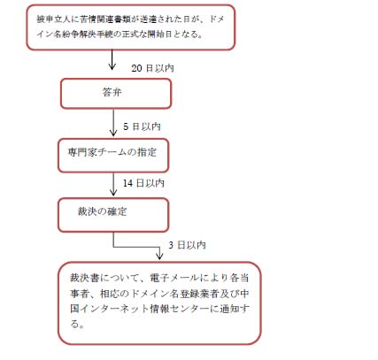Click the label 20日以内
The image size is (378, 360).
click(x=152, y=68)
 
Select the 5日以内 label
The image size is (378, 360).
click(x=142, y=126)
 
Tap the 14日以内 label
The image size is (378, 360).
click(x=143, y=183)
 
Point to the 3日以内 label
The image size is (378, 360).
click(x=187, y=245)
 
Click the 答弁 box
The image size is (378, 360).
click(x=116, y=94)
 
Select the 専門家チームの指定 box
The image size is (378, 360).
click(x=113, y=156)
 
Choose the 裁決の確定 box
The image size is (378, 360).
click(x=113, y=215)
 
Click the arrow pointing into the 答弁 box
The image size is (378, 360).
click(x=112, y=59)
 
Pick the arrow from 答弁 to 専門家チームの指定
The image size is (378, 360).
click(x=113, y=123)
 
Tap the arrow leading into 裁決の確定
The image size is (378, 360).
click(x=113, y=184)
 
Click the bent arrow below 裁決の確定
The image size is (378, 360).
click(x=136, y=247)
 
